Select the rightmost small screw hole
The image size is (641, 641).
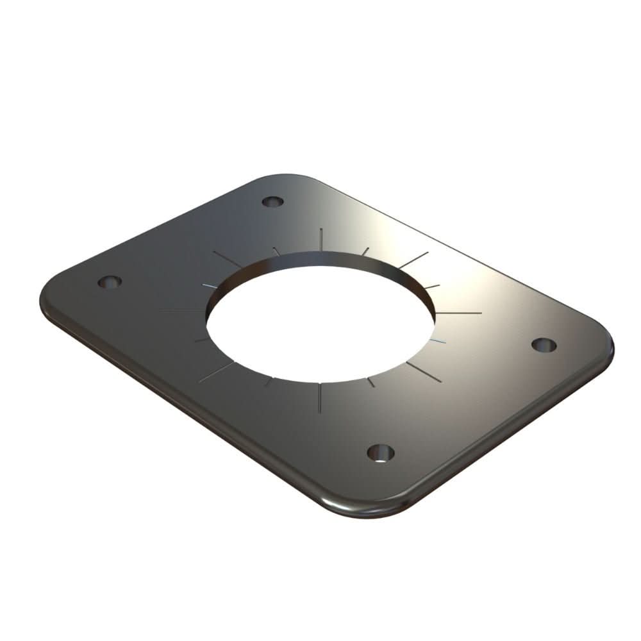pyautogui.click(x=544, y=344)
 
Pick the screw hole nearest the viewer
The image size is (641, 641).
pyautogui.click(x=380, y=453)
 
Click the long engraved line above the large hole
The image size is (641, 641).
pyautogui.click(x=320, y=238)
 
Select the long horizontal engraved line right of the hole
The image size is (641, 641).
pyautogui.click(x=458, y=313)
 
